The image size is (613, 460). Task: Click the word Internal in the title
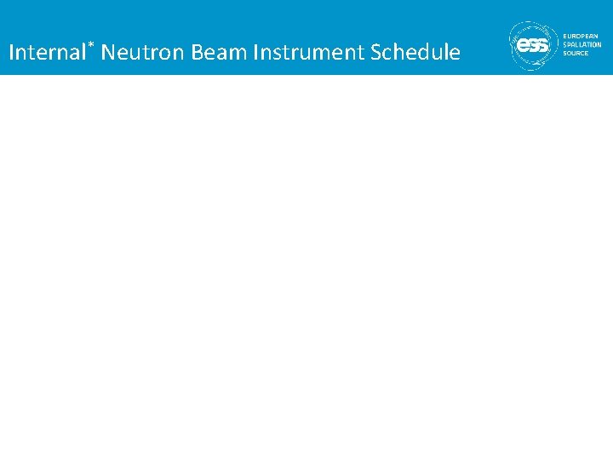[47, 53]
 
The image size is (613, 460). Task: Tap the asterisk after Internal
[90, 43]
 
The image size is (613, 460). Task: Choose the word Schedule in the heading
[416, 53]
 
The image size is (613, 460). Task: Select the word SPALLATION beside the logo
[582, 44]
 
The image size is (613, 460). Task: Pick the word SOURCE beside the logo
[576, 53]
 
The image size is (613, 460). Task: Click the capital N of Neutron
[108, 53]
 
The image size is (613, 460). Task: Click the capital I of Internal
[11, 53]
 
